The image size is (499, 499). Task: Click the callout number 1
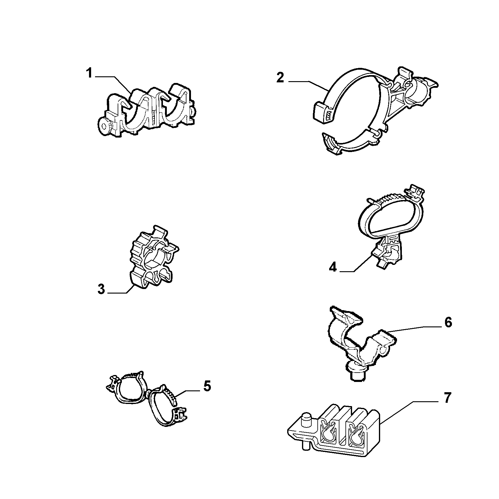tap(89, 74)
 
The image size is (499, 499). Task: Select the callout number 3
tap(101, 289)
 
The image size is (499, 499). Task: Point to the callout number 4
tap(333, 267)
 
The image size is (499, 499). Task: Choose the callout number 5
tap(207, 386)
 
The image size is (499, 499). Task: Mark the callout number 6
tap(448, 323)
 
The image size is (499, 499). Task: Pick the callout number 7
tap(447, 398)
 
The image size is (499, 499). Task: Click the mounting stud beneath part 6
tap(357, 374)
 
